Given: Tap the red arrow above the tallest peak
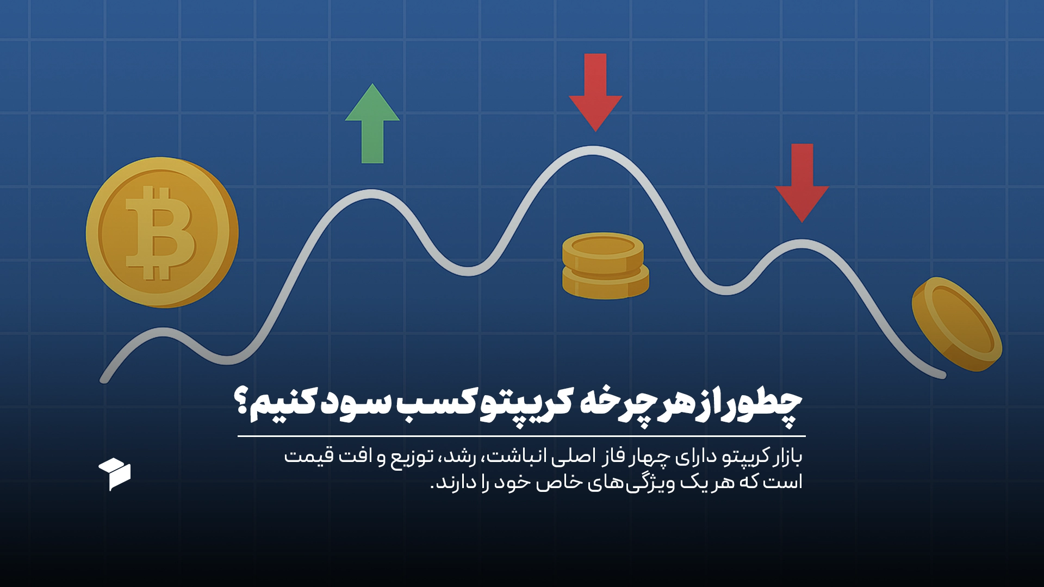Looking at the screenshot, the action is [x=595, y=92].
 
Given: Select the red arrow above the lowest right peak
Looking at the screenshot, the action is [x=802, y=183].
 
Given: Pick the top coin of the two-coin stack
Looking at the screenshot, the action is [x=603, y=251].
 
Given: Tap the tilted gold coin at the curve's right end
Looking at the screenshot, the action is [x=957, y=324].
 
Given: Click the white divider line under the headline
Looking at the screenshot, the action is [x=521, y=436].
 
